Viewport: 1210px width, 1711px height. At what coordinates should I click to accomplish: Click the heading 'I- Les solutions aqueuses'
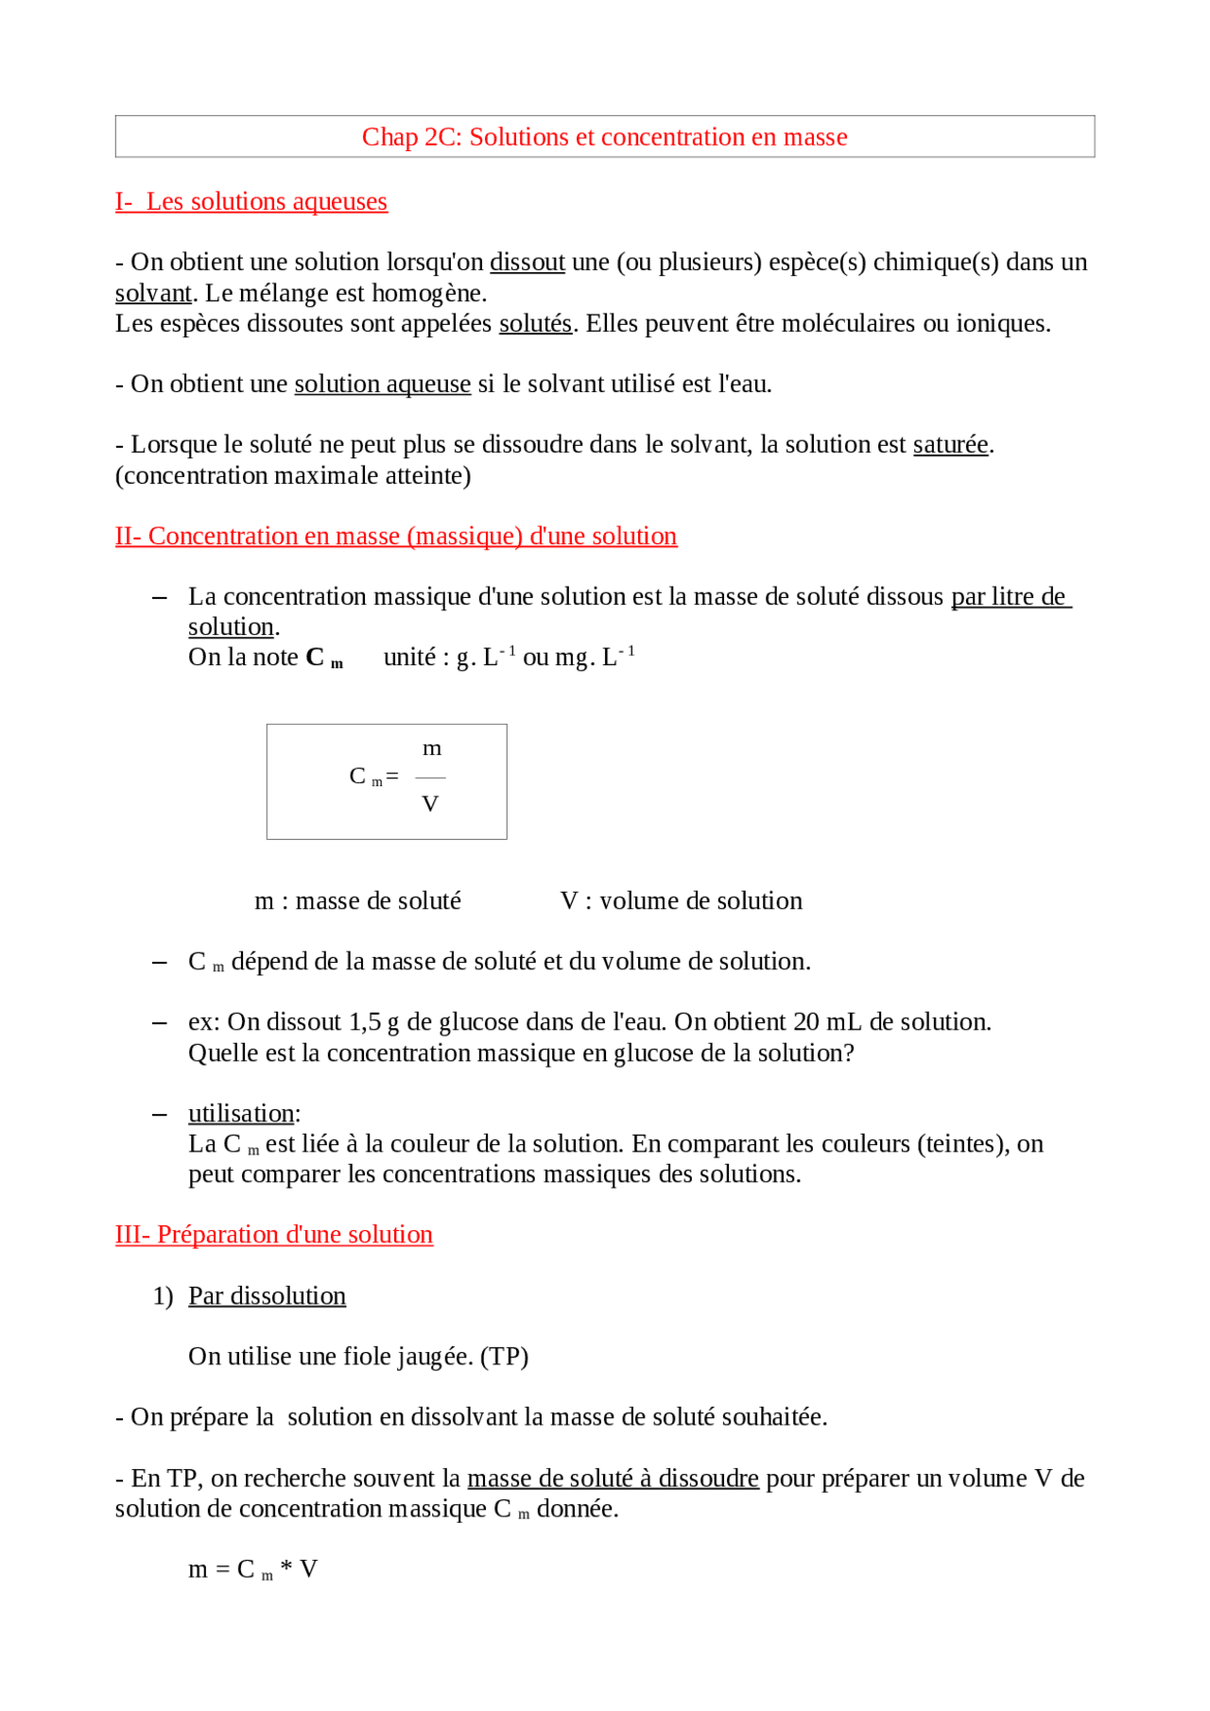click(251, 201)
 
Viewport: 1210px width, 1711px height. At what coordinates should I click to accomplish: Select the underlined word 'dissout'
click(527, 262)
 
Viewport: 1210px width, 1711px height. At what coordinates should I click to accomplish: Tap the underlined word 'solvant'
click(153, 293)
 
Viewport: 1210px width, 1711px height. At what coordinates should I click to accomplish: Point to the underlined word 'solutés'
click(535, 323)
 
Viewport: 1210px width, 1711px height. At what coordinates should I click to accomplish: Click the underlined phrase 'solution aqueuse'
click(382, 384)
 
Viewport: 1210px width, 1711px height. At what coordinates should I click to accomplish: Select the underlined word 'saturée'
click(950, 444)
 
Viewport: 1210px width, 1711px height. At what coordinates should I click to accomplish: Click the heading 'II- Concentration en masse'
click(395, 536)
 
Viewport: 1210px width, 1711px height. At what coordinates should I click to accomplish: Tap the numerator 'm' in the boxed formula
click(432, 748)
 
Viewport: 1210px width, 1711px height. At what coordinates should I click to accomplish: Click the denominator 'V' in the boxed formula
click(430, 804)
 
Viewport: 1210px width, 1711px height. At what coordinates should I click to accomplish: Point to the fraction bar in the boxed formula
click(430, 778)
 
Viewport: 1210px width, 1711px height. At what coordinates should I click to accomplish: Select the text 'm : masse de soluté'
click(357, 900)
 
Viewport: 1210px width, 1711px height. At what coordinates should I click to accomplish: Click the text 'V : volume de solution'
click(681, 900)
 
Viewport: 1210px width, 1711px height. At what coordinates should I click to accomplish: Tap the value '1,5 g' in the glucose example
click(373, 1022)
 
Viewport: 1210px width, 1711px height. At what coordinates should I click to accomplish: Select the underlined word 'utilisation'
click(241, 1113)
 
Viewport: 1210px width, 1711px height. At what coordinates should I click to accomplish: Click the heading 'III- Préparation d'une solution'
click(274, 1235)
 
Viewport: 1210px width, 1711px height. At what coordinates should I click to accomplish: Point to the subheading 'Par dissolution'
click(267, 1295)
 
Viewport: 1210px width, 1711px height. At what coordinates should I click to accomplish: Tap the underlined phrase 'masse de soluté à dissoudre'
click(613, 1478)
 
